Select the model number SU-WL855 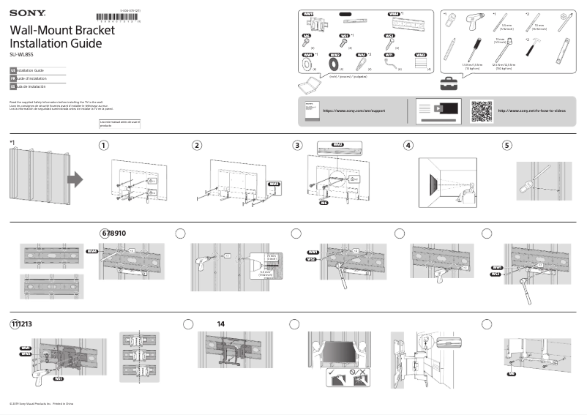pos(21,54)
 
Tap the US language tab pos(13,70)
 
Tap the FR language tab pos(13,78)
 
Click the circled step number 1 pos(105,145)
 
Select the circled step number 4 pos(408,145)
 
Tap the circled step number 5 pos(507,145)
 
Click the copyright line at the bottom pos(41,404)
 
